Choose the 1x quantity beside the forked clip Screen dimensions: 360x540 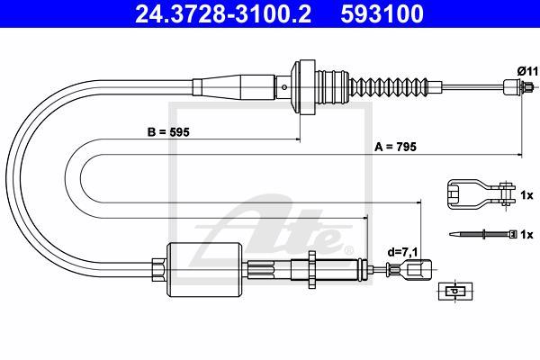[x=528, y=194]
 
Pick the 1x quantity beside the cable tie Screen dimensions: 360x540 [x=528, y=235]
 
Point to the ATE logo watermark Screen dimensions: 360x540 [x=270, y=225]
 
